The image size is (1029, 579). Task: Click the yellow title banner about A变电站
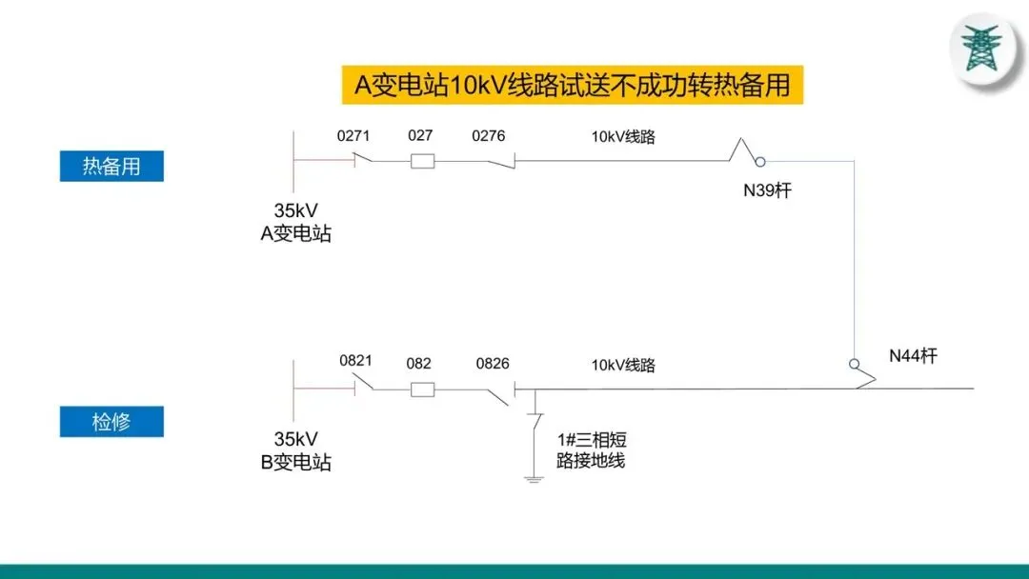tap(573, 85)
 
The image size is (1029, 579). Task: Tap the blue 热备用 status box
tap(111, 166)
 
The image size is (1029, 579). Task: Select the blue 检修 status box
tap(111, 422)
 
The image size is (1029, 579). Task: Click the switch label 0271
tap(353, 136)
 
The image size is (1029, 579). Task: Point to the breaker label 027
tap(420, 135)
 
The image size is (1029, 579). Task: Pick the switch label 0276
tap(488, 136)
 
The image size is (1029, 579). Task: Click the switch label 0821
tap(355, 361)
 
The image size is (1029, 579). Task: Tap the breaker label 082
tap(418, 363)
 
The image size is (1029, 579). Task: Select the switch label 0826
tap(493, 363)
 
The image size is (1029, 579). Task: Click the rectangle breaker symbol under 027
tap(422, 161)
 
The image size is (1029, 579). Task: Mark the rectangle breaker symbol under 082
tap(422, 389)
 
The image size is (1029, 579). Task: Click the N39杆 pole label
tap(767, 190)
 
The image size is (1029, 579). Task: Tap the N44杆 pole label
tap(913, 356)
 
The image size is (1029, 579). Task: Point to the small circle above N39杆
tap(760, 162)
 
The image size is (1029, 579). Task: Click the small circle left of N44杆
tap(855, 364)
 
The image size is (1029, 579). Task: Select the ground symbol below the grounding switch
tap(534, 477)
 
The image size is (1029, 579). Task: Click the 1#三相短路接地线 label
tap(591, 450)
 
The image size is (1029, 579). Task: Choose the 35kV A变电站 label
tap(296, 222)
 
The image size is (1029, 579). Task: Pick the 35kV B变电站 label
tap(296, 450)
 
